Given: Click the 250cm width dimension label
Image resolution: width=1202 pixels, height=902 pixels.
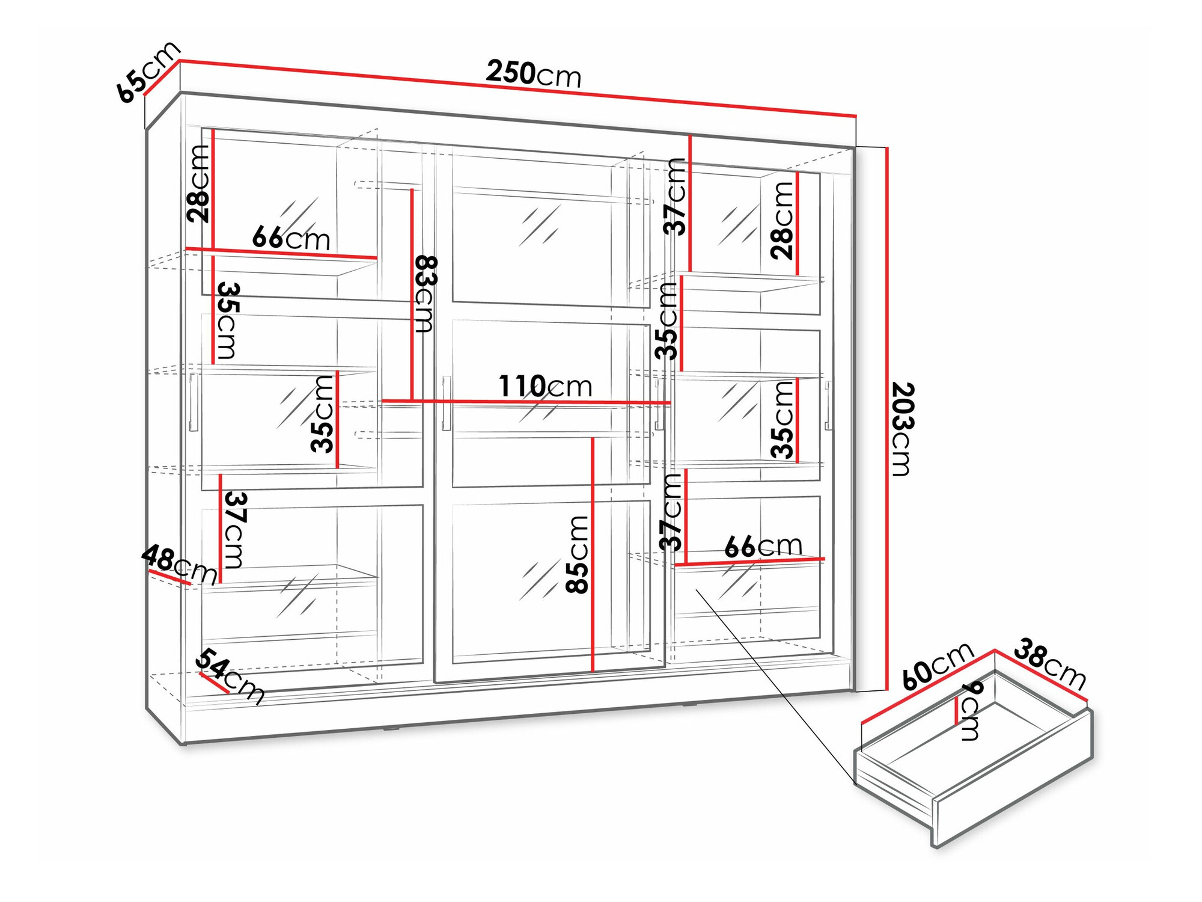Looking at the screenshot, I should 534,74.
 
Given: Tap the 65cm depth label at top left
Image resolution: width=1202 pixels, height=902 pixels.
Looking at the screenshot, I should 148,71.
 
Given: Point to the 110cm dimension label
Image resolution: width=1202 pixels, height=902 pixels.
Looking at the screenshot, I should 545,386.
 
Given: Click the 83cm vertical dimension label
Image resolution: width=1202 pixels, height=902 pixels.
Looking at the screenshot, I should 426,294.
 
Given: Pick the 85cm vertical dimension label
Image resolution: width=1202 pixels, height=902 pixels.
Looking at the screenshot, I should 578,554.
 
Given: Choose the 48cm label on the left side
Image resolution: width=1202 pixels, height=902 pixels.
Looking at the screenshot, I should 179,564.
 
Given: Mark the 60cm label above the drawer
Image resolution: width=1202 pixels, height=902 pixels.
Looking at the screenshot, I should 938,666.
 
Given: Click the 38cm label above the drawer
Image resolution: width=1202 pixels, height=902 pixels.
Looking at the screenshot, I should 1050,664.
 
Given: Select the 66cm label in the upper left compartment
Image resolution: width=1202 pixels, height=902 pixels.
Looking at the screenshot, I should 291,239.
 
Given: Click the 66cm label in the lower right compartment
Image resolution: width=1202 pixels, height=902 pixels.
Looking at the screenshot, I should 763,547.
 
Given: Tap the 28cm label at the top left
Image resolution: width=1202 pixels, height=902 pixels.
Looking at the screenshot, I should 198,184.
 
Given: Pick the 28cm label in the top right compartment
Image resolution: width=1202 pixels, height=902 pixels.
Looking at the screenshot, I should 783,221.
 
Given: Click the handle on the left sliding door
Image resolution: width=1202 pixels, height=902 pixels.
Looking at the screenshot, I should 194,402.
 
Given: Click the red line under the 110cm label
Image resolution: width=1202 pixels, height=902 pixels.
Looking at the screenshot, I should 526,402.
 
